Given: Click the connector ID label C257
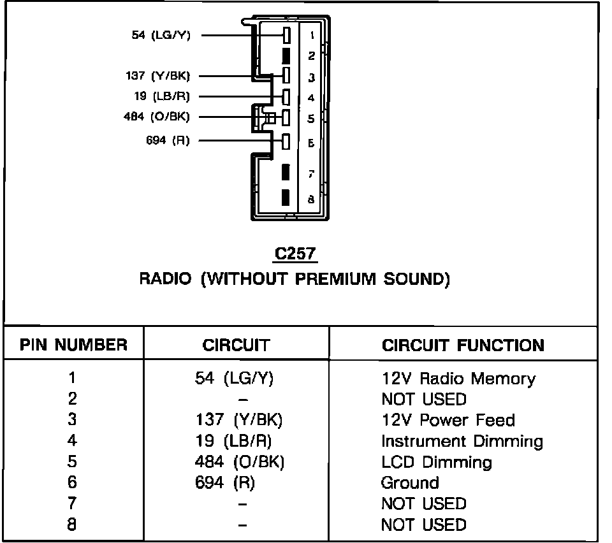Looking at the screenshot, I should [295, 254].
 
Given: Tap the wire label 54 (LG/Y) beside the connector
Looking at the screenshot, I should [161, 35].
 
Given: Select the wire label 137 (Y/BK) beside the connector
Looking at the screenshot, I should [157, 76].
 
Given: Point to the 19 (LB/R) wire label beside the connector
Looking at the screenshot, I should [162, 97].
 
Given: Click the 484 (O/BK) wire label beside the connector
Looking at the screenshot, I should [156, 117].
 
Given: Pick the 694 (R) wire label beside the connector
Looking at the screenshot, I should [168, 140].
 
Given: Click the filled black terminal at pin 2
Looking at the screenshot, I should [286, 55].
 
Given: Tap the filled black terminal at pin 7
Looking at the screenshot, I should [286, 173].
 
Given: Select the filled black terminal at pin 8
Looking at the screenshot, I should [286, 198].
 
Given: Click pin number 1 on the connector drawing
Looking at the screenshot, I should [311, 35].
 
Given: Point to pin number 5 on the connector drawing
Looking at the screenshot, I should [311, 119].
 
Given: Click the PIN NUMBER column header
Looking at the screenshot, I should [73, 345].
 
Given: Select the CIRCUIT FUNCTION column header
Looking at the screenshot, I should [463, 345].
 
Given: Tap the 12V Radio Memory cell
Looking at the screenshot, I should [458, 379].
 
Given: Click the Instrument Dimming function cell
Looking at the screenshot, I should [462, 441].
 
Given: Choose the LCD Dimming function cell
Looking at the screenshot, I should [436, 462].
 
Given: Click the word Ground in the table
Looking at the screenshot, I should [409, 482].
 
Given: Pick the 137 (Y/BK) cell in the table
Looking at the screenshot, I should [239, 420].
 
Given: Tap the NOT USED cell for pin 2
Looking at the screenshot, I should [423, 400].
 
